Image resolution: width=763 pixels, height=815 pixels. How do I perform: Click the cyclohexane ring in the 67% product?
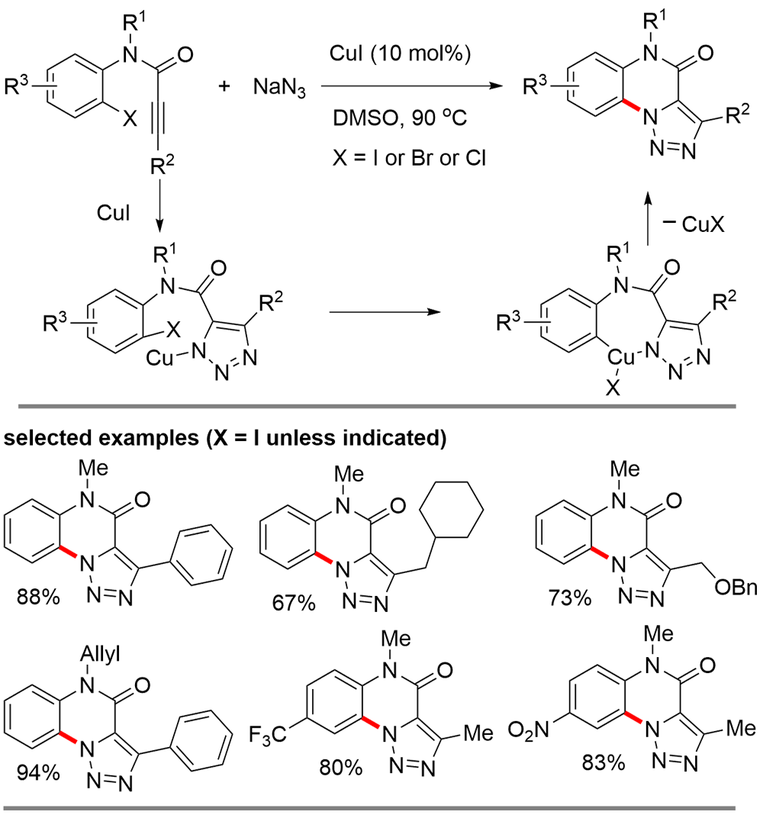coord(459,514)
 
